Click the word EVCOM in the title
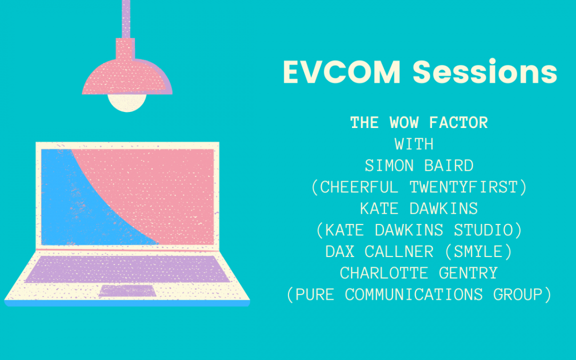(342, 72)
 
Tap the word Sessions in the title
(485, 71)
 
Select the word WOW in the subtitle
(404, 123)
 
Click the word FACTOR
(459, 123)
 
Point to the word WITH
(414, 144)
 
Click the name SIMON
(389, 166)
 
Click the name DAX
(340, 252)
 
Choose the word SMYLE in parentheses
(478, 252)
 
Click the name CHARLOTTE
(384, 273)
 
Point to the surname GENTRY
(468, 273)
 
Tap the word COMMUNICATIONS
(414, 294)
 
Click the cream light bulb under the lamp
(127, 102)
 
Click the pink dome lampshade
(127, 77)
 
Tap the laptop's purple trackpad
(127, 290)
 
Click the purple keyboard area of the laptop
(127, 269)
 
